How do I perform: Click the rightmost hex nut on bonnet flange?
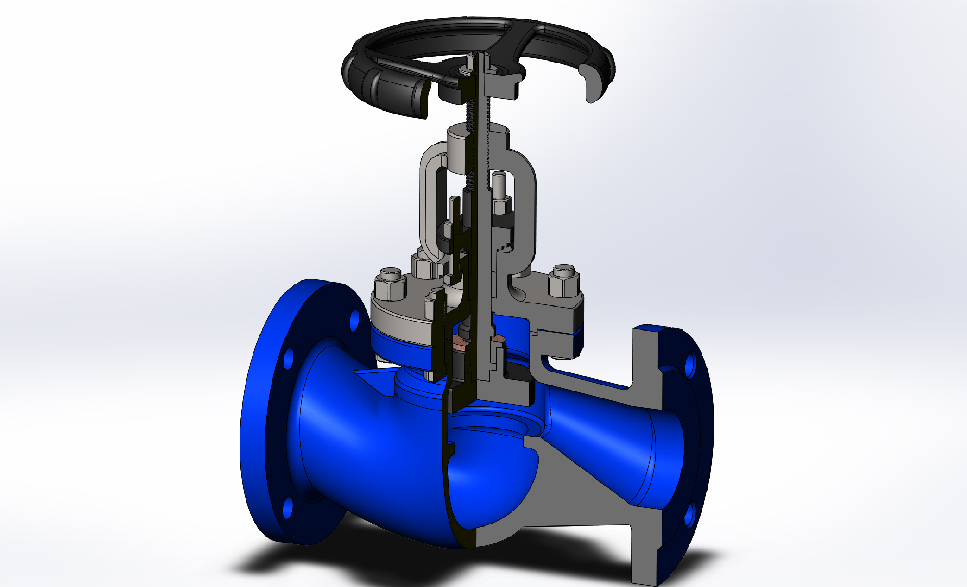tap(563, 283)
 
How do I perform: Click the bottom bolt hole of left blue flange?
tap(288, 507)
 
